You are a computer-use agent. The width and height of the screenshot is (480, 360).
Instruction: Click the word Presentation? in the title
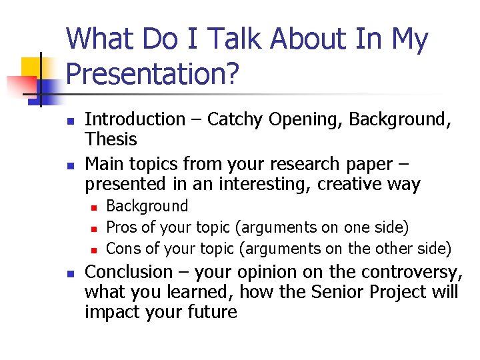pyautogui.click(x=153, y=74)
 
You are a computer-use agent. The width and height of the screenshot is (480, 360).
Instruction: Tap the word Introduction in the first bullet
pyautogui.click(x=135, y=120)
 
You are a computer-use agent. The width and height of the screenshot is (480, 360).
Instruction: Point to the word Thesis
pyautogui.click(x=111, y=139)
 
